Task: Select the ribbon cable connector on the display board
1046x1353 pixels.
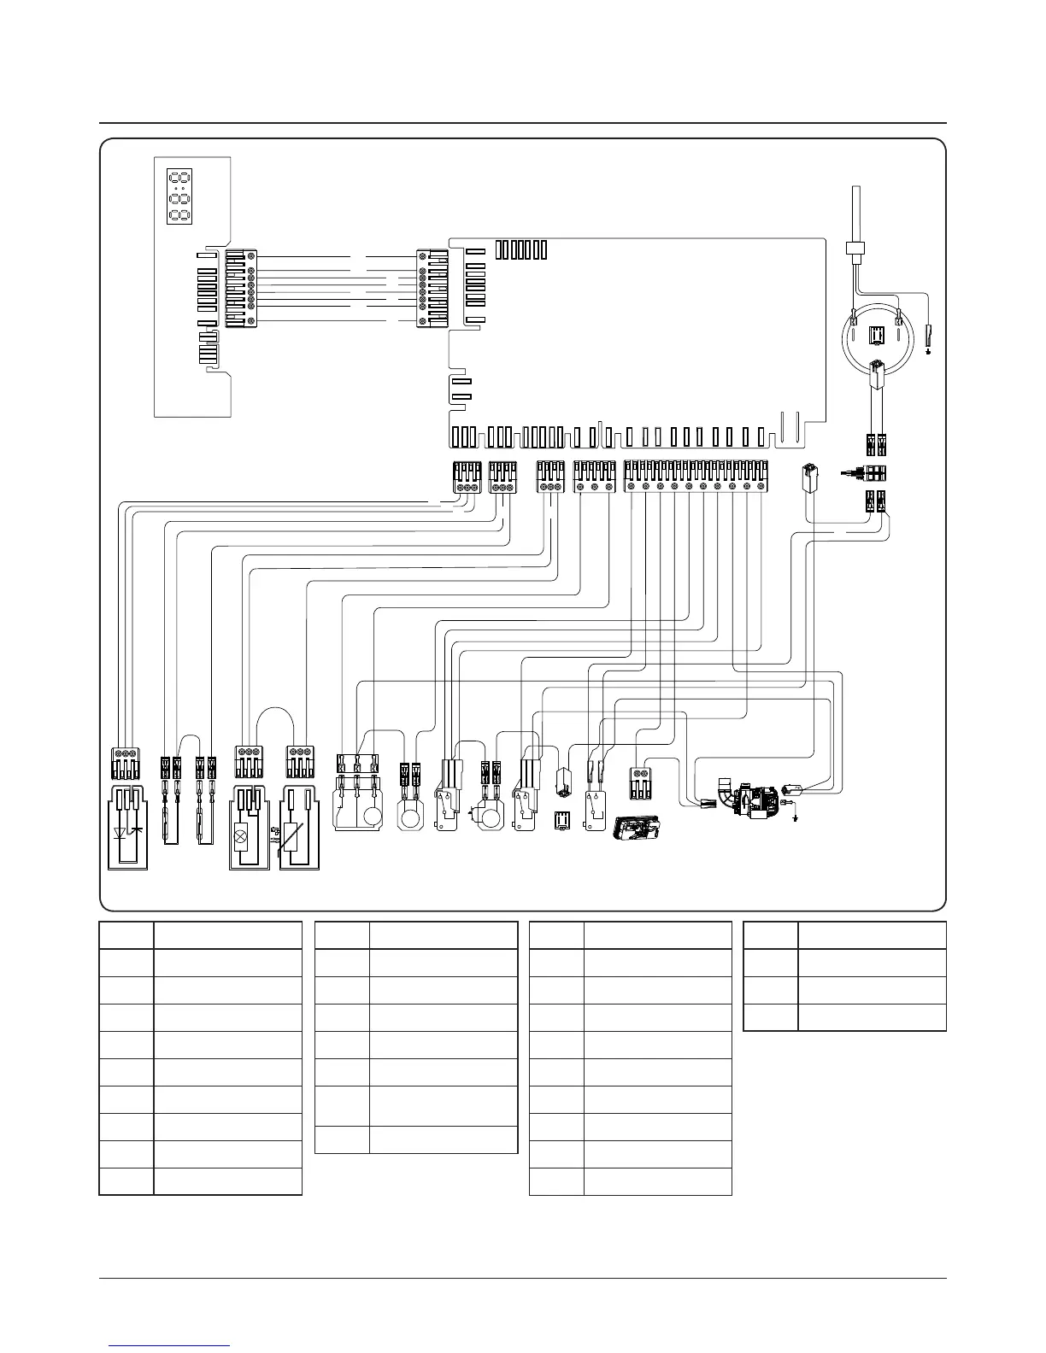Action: pos(239,288)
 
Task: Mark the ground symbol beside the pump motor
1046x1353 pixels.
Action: pos(796,817)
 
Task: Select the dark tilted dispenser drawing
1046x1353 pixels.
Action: pos(638,828)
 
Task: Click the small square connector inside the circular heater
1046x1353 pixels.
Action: pos(875,336)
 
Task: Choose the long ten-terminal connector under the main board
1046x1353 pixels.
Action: pos(696,476)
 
